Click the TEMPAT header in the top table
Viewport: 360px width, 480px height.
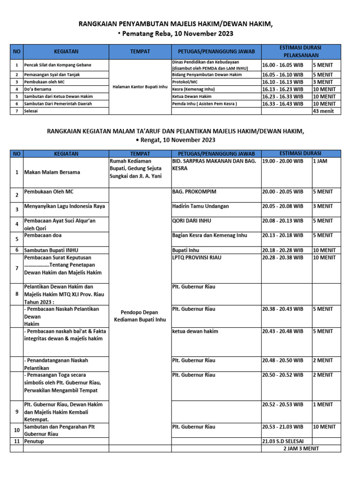(x=140, y=51)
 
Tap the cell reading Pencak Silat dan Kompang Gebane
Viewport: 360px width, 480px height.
(x=58, y=65)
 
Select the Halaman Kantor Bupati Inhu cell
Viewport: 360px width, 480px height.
(x=140, y=86)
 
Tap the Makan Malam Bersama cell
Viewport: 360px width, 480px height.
(x=52, y=172)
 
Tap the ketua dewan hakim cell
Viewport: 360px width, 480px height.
(x=195, y=331)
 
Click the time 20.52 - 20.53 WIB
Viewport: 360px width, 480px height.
(x=283, y=404)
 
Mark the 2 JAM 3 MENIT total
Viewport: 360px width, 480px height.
(x=301, y=448)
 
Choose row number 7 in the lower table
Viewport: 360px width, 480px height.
(x=16, y=268)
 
